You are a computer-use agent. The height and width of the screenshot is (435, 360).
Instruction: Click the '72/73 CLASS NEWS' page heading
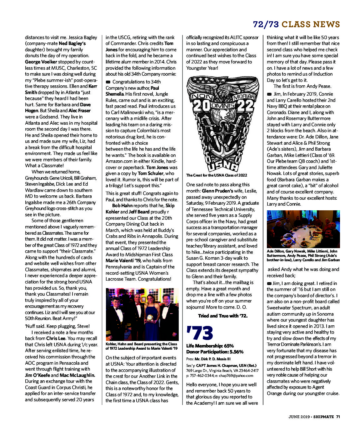(296, 24)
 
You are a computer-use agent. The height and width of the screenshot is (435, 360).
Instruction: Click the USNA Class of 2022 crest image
(222, 123)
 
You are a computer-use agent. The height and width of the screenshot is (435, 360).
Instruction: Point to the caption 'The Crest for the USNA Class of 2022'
(217, 175)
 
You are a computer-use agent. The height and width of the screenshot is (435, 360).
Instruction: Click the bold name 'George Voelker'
(41, 62)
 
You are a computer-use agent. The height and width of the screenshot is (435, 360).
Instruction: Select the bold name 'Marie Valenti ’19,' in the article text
(123, 261)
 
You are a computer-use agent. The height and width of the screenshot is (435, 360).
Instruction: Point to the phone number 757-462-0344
(201, 376)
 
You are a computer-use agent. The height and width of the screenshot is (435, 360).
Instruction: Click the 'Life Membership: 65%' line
(210, 346)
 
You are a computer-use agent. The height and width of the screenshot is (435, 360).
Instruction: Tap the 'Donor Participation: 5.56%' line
(215, 352)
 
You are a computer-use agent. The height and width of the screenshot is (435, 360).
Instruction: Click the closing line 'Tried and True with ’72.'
(222, 316)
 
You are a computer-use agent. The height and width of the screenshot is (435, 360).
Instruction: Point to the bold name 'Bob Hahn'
(122, 206)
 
